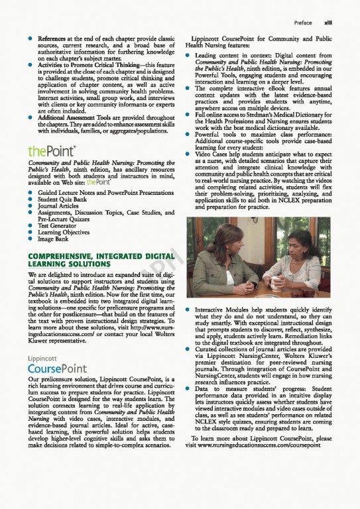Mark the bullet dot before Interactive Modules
coord(190,310)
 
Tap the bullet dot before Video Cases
coord(190,154)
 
